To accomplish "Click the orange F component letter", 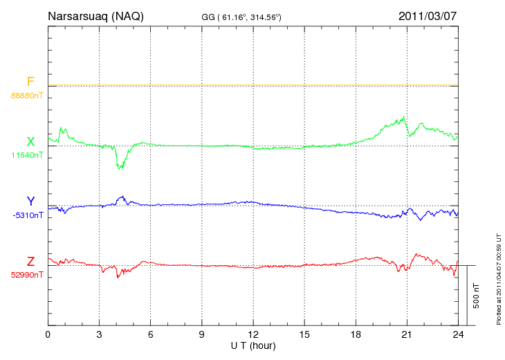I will [30, 82].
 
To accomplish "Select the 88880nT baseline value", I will [27, 95].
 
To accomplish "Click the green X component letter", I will [30, 142].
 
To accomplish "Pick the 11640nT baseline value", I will [27, 155].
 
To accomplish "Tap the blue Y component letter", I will [30, 201].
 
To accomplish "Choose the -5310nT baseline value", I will [27, 215].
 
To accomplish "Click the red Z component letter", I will [30, 262].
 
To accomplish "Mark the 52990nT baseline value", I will [27, 275].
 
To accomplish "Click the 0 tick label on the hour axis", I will [48, 335].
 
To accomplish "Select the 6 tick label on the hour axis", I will [151, 335].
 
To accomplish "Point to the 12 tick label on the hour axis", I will [253, 335].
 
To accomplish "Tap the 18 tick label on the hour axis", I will [356, 335].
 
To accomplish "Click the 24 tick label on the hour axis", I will [458, 335].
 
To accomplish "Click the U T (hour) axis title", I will [253, 345].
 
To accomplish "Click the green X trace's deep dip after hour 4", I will [120, 167].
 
